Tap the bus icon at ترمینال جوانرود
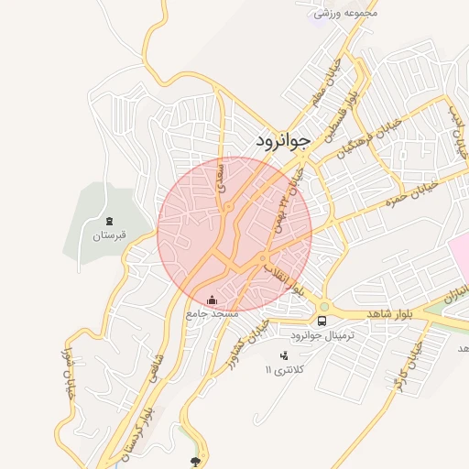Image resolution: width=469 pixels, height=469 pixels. pos(322,322)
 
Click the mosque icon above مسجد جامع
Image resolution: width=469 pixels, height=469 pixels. pos(213,300)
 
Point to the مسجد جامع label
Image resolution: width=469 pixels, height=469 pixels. pos(212,313)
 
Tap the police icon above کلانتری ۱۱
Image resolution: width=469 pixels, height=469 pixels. pos(283,354)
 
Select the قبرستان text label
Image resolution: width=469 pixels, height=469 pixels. pos(108,235)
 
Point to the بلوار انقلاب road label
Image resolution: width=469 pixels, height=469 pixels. pos(285,274)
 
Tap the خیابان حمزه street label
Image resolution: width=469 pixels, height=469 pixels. pos(408,194)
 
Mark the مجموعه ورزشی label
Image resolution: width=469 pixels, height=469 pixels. pos(345,14)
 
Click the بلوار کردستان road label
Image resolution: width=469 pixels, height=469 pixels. pos(137,431)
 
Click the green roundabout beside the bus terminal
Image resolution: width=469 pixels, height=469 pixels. pos(323,306)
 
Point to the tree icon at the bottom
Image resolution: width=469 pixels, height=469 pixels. pos(194,461)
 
